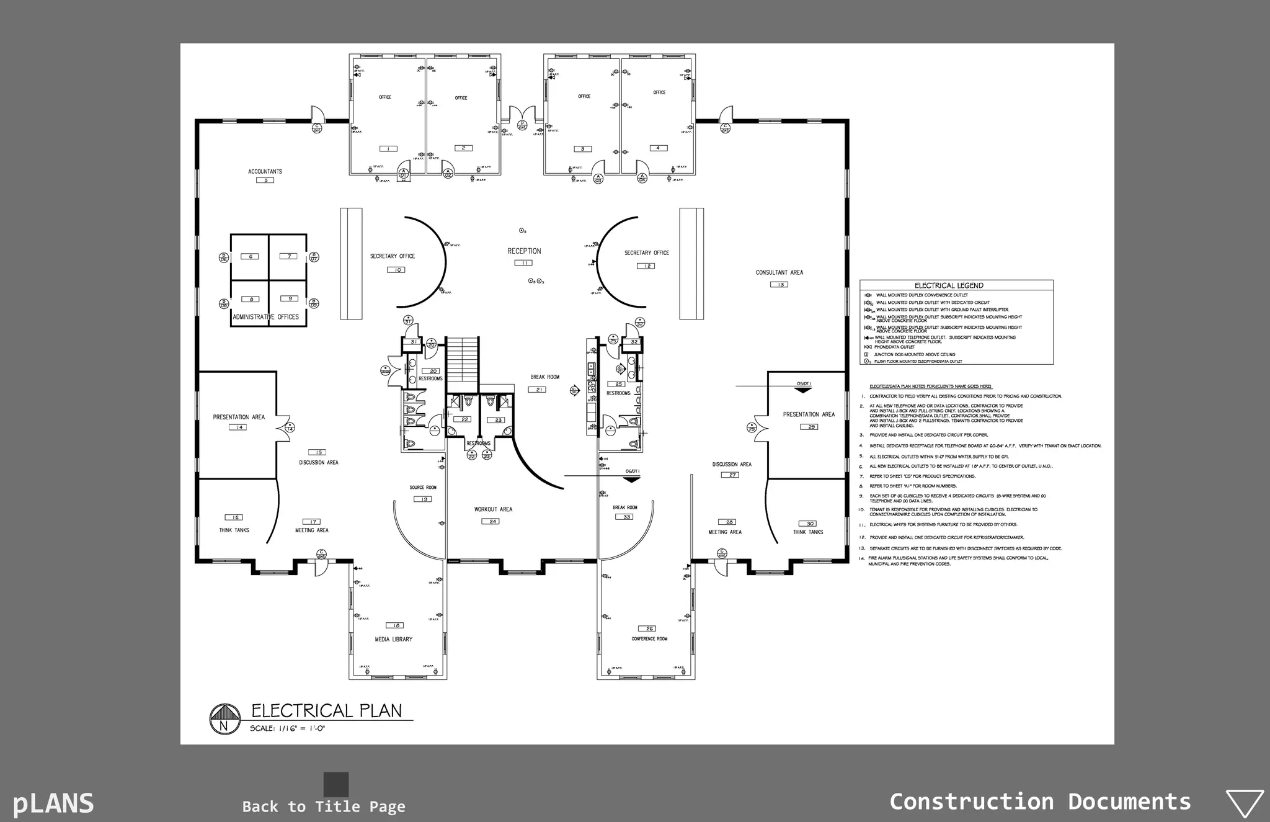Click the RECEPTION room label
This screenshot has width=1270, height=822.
pyautogui.click(x=524, y=251)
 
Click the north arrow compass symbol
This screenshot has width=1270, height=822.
pyautogui.click(x=224, y=719)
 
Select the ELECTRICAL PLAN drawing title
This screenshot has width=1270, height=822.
pyautogui.click(x=326, y=710)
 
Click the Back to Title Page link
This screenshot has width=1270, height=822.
pyautogui.click(x=324, y=806)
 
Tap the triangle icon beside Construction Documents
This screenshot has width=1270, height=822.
pyautogui.click(x=1245, y=803)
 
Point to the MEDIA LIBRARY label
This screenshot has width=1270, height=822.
pyautogui.click(x=393, y=639)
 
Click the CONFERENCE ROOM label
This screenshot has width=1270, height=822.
pyautogui.click(x=649, y=638)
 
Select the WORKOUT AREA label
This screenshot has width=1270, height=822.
pyautogui.click(x=493, y=509)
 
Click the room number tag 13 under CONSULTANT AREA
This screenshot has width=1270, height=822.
pyautogui.click(x=779, y=284)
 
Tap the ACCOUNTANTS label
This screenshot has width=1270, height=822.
pyautogui.click(x=265, y=171)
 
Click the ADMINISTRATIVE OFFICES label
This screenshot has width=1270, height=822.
pyautogui.click(x=265, y=317)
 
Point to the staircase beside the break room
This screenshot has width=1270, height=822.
pyautogui.click(x=463, y=360)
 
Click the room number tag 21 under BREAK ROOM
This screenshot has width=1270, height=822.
pyautogui.click(x=537, y=390)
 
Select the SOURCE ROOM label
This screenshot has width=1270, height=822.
pyautogui.click(x=423, y=488)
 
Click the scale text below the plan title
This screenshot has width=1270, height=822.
pyautogui.click(x=287, y=728)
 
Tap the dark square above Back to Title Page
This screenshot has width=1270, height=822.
pyautogui.click(x=336, y=784)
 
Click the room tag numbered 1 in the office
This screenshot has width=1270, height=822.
pyautogui.click(x=388, y=148)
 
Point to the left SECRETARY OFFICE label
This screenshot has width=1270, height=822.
pyautogui.click(x=393, y=256)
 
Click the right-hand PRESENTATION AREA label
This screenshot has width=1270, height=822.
pyautogui.click(x=809, y=414)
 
